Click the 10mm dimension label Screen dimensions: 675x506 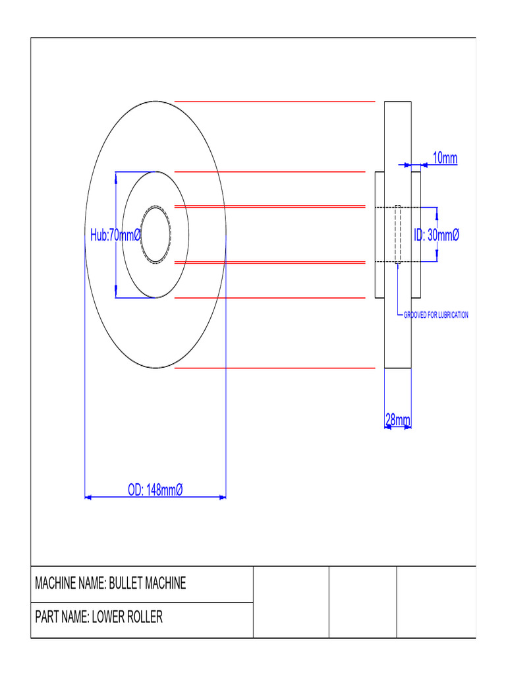click(x=445, y=158)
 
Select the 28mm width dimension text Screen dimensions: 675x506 click(x=398, y=420)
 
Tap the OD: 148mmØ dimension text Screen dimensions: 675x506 click(x=155, y=490)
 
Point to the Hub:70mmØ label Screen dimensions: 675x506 click(x=116, y=235)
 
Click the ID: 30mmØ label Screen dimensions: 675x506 click(x=436, y=235)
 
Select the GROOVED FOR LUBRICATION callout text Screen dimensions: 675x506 click(x=436, y=315)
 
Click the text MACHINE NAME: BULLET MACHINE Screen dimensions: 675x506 click(x=110, y=583)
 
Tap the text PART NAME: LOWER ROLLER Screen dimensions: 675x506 click(x=99, y=618)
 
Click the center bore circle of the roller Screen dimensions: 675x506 click(x=155, y=235)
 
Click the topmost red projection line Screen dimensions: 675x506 click(x=274, y=102)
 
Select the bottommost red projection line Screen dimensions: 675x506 click(x=274, y=368)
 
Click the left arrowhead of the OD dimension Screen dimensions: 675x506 click(x=88, y=498)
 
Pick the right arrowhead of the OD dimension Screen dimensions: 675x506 click(x=223, y=498)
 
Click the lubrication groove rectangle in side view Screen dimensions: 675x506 click(x=398, y=235)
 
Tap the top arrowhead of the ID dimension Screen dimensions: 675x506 click(x=437, y=211)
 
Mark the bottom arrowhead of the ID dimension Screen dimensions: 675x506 click(x=437, y=258)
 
